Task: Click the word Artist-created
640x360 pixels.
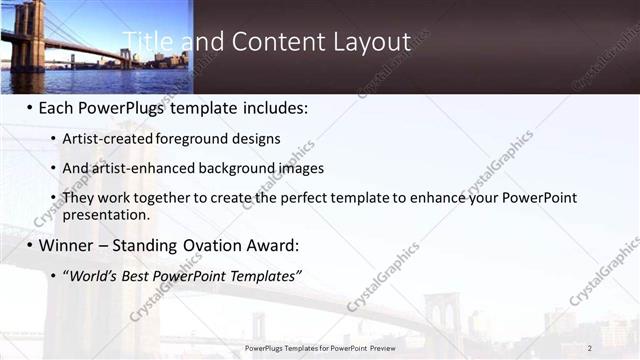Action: (x=108, y=139)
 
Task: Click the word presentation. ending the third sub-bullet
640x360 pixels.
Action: (x=106, y=214)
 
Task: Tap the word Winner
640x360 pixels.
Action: (x=69, y=245)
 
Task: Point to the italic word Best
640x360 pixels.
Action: (x=137, y=275)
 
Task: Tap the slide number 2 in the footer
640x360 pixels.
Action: (x=590, y=348)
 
